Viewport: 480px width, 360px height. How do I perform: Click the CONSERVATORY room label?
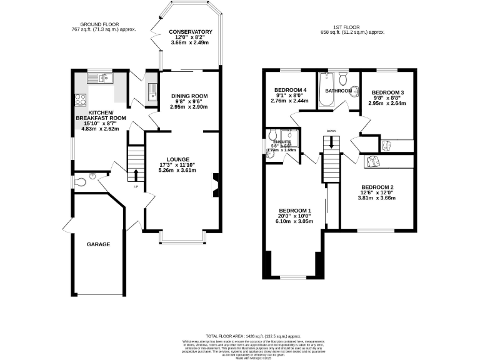click(x=191, y=32)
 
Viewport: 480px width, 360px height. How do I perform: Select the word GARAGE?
click(x=98, y=244)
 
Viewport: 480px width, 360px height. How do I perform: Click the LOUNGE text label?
click(x=177, y=159)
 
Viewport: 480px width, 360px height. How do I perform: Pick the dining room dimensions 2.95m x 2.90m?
click(x=189, y=107)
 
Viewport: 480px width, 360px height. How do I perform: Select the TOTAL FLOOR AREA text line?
click(x=239, y=336)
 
